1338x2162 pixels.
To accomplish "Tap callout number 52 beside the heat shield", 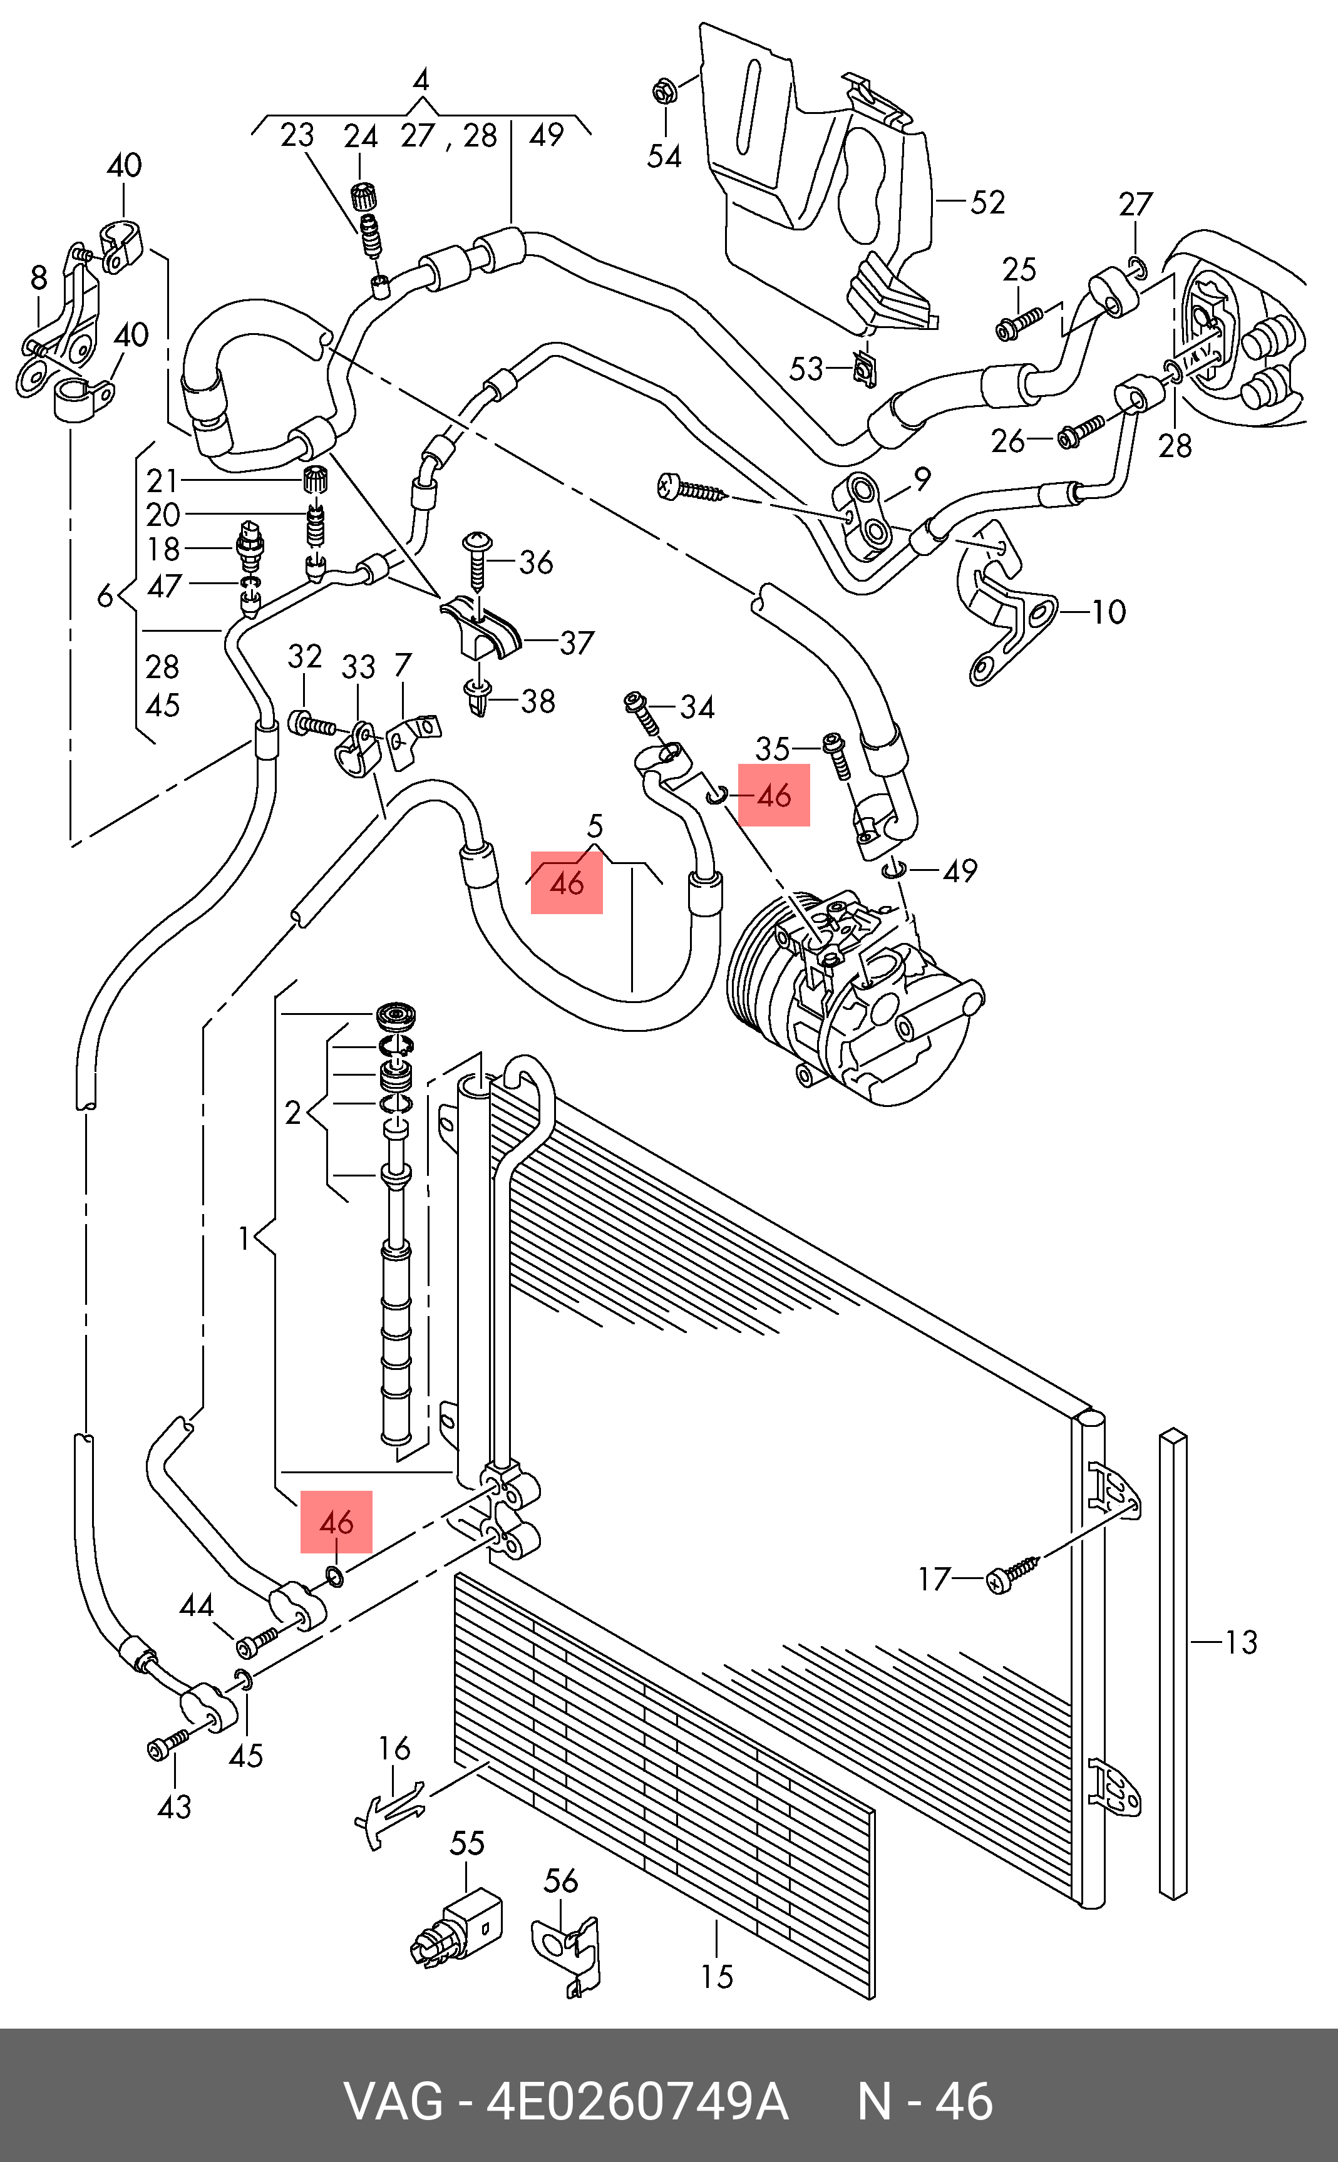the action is tap(987, 203).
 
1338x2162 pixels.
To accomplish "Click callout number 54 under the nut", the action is tap(664, 157).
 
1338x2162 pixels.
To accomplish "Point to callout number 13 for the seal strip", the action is tap(1241, 1642).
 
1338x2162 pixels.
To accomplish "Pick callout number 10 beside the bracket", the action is tap(1109, 612).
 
